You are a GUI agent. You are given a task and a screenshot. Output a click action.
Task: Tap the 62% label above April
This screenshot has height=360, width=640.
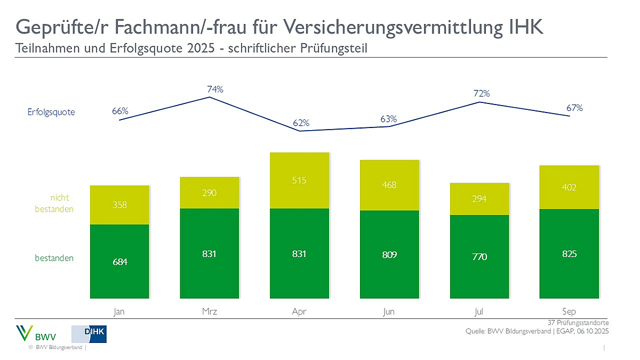[301, 123]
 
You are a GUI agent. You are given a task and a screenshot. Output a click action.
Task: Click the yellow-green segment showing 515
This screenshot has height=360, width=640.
[299, 180]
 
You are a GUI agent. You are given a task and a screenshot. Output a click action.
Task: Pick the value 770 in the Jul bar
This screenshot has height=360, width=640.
[479, 257]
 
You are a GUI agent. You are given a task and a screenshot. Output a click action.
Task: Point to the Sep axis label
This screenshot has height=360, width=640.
[569, 311]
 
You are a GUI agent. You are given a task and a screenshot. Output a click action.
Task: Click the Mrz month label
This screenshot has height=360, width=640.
[210, 311]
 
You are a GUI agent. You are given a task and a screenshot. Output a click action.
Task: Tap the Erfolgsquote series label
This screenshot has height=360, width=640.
[51, 112]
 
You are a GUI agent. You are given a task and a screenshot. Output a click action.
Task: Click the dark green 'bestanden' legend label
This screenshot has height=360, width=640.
[54, 258]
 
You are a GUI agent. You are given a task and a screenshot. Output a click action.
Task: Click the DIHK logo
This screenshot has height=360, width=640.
[89, 334]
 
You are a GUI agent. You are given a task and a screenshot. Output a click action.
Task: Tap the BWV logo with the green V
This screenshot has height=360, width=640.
[33, 334]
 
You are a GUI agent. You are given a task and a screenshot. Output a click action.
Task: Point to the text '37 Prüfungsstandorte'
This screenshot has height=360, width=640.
[578, 323]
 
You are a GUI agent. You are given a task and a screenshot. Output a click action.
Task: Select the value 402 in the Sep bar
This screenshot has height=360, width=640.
[569, 187]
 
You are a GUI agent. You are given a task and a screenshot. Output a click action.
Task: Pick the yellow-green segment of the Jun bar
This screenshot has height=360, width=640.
[389, 185]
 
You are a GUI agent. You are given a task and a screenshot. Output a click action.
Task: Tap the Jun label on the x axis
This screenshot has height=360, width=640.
[389, 311]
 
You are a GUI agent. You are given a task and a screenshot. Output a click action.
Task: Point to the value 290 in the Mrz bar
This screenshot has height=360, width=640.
[210, 193]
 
